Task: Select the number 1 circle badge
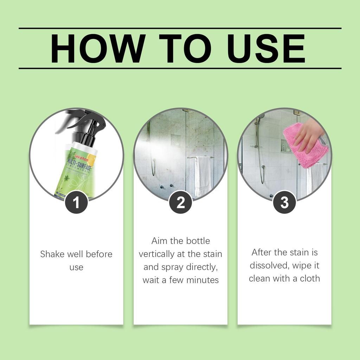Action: (x=76, y=202)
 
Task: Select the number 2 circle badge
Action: (x=180, y=202)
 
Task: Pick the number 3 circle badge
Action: (x=284, y=202)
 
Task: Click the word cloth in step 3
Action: (x=310, y=278)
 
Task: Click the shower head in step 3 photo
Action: (x=261, y=116)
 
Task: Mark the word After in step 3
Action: (x=262, y=252)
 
